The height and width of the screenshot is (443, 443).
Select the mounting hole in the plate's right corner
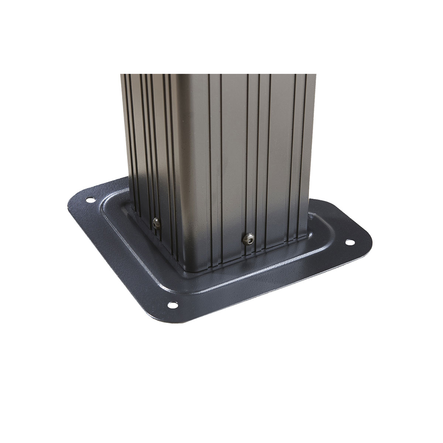(x=348, y=243)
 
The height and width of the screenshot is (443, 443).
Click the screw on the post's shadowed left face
(x=155, y=222)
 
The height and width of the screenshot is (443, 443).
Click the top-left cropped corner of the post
(x=121, y=75)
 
